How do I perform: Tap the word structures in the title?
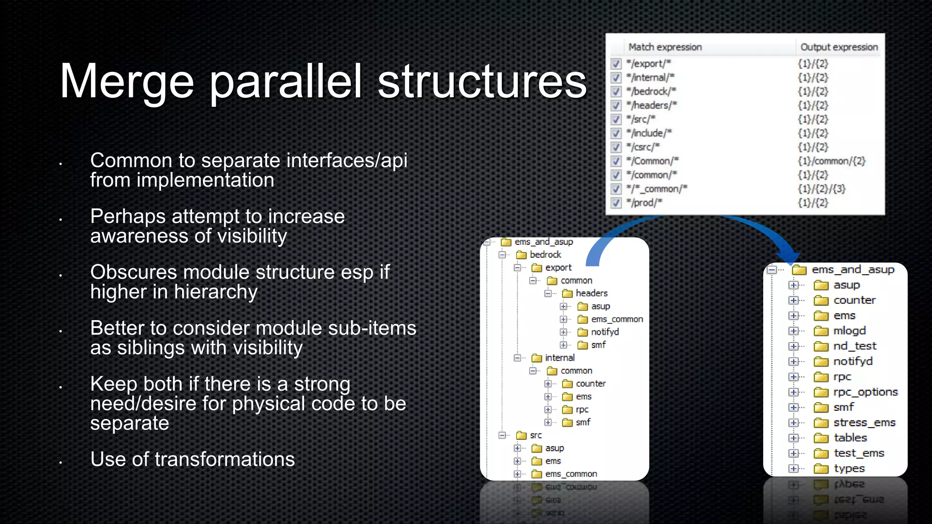click(482, 82)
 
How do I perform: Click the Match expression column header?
click(665, 47)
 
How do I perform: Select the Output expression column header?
click(839, 47)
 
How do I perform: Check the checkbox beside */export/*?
click(616, 64)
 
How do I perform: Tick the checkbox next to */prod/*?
click(616, 203)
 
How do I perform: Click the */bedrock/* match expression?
click(651, 91)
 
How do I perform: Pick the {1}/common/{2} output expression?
click(831, 161)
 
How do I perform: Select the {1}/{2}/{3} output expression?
click(821, 189)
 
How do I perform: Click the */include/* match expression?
click(649, 133)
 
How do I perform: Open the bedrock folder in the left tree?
click(545, 255)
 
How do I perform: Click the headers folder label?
click(592, 293)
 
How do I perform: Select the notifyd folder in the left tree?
click(605, 332)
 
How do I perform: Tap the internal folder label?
click(560, 358)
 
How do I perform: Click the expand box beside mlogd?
click(794, 331)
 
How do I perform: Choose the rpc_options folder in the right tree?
click(865, 392)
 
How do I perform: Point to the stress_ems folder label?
click(864, 423)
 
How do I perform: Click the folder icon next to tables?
click(821, 438)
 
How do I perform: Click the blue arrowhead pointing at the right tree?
click(790, 257)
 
